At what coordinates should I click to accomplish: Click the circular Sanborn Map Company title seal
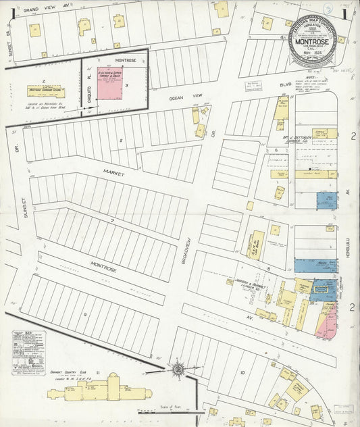tap(311, 41)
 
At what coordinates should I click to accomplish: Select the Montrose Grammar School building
tap(45, 90)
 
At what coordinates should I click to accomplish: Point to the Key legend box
tap(31, 348)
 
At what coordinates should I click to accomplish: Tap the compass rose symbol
tap(178, 369)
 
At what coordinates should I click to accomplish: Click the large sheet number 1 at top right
tap(344, 12)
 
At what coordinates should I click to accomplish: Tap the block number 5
tap(121, 141)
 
